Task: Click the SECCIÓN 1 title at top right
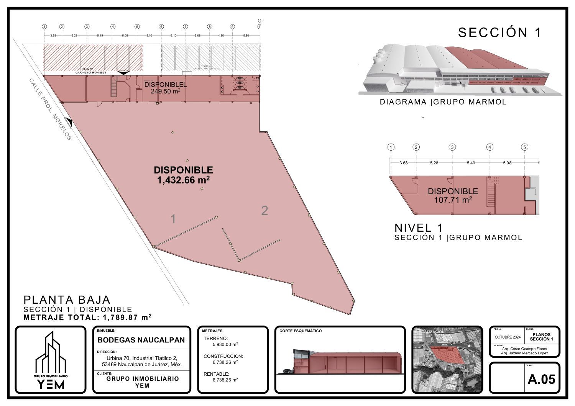(499, 33)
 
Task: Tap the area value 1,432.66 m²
(183, 180)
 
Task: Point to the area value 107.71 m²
(453, 200)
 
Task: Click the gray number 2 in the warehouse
(264, 211)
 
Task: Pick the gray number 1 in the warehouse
(173, 219)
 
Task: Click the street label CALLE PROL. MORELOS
(50, 109)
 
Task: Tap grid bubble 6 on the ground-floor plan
(161, 27)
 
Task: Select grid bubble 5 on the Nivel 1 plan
(525, 147)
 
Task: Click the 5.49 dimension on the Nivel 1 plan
(471, 163)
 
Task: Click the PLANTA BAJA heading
(67, 300)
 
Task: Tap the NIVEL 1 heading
(419, 228)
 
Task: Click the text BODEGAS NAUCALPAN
(141, 340)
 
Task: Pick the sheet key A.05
(541, 379)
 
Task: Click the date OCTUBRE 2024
(508, 337)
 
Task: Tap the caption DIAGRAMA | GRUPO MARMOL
(443, 102)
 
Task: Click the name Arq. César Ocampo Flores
(524, 349)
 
